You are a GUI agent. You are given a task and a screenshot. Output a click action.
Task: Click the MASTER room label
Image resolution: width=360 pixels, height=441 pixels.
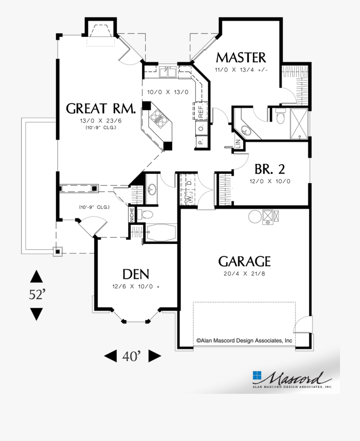(241, 58)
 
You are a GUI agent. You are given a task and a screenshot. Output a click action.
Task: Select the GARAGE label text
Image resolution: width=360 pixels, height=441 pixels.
(244, 261)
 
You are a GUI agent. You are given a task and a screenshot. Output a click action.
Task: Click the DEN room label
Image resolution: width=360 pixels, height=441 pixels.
(136, 274)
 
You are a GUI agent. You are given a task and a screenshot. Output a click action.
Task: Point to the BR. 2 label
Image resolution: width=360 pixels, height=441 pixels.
(270, 170)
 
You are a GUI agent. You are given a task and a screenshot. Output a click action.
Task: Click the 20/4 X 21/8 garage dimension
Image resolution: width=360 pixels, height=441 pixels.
(244, 274)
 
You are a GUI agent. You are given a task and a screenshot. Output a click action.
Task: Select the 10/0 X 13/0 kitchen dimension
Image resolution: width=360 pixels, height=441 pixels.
(168, 92)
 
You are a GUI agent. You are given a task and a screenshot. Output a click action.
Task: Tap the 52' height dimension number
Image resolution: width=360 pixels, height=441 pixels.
(37, 295)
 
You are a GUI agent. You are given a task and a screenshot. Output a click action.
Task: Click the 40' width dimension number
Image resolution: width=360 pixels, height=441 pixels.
(132, 356)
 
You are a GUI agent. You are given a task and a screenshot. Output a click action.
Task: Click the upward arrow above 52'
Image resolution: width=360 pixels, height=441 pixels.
(36, 276)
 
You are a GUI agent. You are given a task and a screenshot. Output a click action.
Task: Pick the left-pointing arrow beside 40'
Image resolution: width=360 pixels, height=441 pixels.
(110, 356)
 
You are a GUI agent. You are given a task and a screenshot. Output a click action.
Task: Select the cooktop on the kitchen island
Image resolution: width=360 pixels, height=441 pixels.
(159, 119)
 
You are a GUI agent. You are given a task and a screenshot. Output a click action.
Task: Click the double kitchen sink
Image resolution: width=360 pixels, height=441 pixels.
(168, 72)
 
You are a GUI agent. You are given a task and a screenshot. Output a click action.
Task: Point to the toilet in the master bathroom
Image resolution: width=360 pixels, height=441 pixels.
(280, 117)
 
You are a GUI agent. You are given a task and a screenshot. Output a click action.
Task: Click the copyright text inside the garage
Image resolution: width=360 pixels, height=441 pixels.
(244, 341)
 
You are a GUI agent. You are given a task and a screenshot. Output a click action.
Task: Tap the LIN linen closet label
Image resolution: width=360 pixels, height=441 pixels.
(238, 144)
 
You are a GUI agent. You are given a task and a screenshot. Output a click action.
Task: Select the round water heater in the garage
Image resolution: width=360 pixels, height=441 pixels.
(255, 217)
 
